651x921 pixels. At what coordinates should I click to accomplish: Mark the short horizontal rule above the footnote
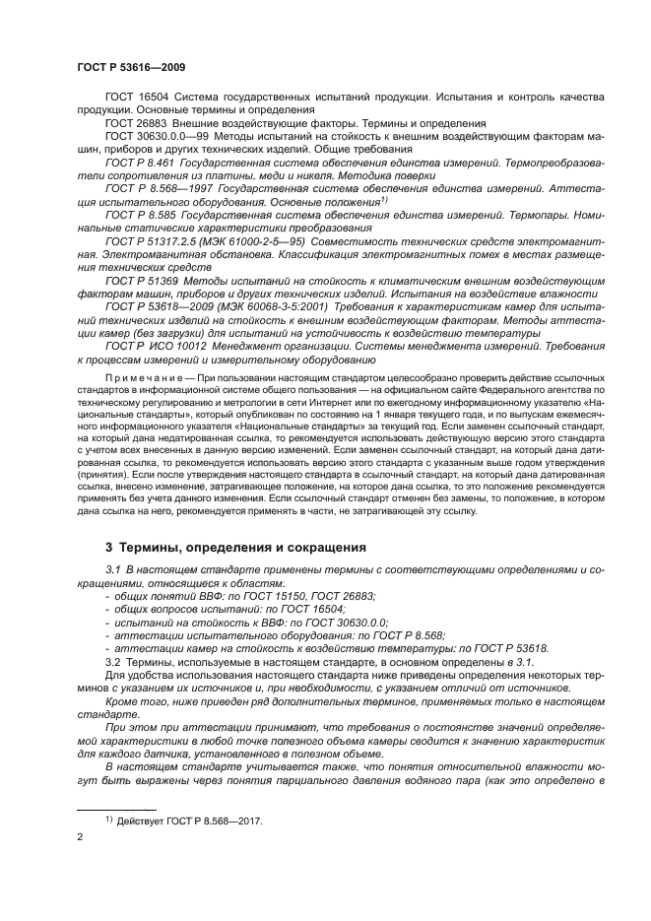(x=110, y=807)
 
